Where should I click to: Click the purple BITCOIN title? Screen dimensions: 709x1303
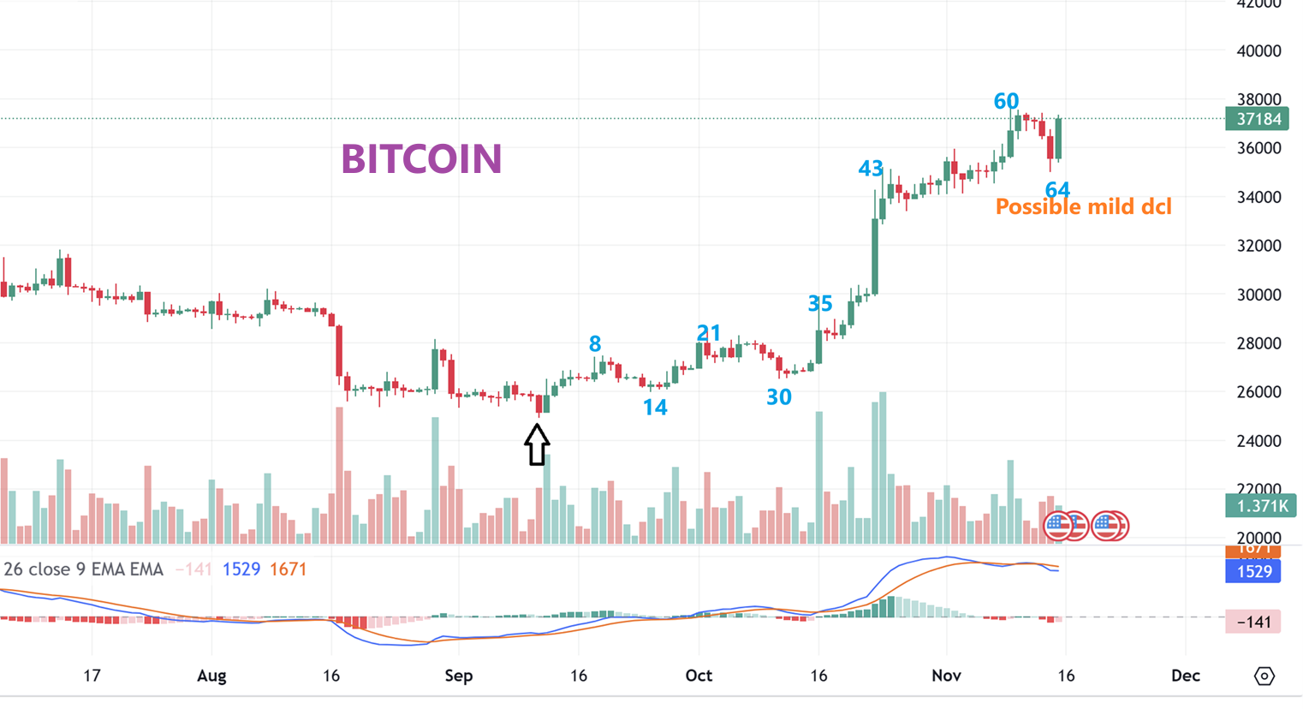click(x=421, y=159)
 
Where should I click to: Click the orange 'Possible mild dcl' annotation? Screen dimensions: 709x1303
click(x=1083, y=207)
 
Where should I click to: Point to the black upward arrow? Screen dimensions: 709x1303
click(x=537, y=444)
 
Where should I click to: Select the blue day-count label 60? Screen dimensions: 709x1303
click(x=1006, y=101)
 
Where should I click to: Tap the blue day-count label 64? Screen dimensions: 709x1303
click(x=1057, y=190)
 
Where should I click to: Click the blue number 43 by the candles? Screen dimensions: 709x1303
click(x=871, y=169)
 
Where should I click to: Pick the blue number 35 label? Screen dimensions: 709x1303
click(x=820, y=303)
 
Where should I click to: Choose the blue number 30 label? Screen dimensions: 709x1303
click(x=778, y=396)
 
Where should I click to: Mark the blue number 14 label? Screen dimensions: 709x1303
click(x=655, y=408)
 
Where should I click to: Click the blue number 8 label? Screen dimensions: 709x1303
click(x=595, y=344)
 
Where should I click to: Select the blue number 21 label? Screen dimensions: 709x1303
click(x=709, y=332)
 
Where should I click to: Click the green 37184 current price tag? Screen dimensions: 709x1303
click(x=1256, y=119)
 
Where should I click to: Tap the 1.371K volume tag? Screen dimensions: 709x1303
click(x=1256, y=506)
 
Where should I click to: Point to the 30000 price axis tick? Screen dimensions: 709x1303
click(x=1258, y=295)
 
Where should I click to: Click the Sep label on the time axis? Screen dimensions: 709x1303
click(x=459, y=676)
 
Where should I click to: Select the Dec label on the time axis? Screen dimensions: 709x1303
click(x=1186, y=676)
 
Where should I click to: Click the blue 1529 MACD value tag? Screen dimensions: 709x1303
click(x=1253, y=571)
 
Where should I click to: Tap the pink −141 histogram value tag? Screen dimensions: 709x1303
click(x=1253, y=622)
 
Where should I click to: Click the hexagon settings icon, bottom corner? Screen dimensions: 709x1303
click(x=1264, y=676)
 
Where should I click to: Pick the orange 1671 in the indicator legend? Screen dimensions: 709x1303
click(x=288, y=569)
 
